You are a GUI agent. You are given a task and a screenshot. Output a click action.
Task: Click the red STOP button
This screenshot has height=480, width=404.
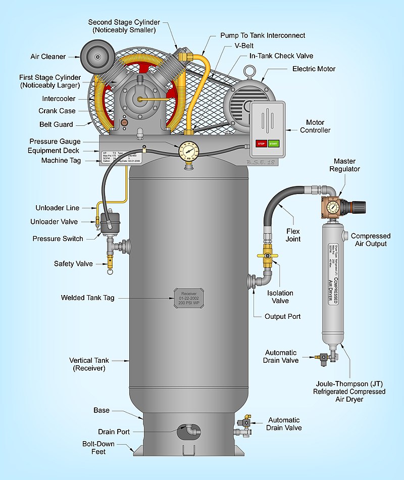click(262, 143)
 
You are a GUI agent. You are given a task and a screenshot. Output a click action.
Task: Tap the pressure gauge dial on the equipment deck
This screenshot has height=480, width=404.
click(188, 151)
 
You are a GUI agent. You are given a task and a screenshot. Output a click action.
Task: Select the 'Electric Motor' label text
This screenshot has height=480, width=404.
click(314, 69)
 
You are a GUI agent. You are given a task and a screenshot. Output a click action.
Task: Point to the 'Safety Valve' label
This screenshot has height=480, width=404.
click(73, 264)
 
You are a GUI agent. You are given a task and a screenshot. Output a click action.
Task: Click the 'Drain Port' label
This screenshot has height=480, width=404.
click(114, 431)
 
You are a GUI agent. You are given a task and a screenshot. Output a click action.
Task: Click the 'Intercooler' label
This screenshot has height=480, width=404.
click(59, 99)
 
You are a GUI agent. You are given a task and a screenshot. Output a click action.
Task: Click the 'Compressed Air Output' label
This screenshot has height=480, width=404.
click(371, 240)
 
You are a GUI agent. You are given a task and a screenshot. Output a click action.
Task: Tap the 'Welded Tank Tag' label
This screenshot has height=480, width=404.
click(87, 298)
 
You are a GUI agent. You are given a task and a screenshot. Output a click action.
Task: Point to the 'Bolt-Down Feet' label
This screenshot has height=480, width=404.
click(98, 448)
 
